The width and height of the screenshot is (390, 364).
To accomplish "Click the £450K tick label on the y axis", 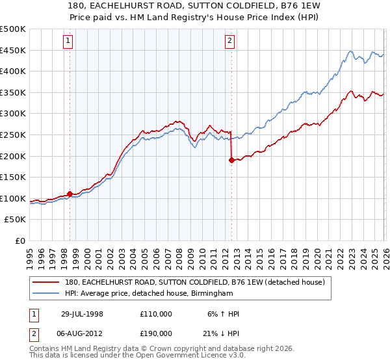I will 13,51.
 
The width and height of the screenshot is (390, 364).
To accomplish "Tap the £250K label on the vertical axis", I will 13,135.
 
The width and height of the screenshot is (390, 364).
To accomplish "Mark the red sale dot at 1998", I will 70,194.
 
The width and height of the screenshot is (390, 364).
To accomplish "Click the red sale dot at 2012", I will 231,160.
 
